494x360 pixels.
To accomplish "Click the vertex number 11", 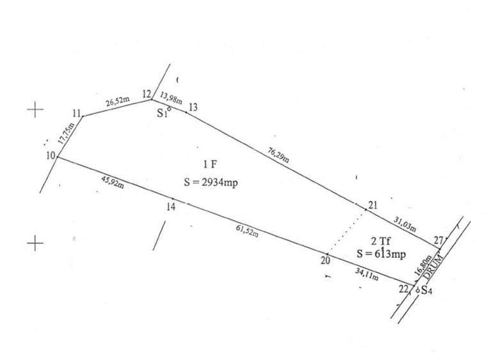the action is (77, 113).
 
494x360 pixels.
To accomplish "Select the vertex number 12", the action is (147, 94).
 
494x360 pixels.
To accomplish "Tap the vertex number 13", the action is (193, 107).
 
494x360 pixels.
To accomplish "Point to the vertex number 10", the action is (51, 155).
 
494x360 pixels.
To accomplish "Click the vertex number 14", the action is (171, 207).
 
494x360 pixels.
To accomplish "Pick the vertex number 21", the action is (372, 205).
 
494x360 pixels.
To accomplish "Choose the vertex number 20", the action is (326, 260).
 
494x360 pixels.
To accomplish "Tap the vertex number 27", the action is (438, 240).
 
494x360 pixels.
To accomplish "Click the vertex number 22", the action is (403, 289).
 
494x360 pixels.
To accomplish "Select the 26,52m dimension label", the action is (118, 102).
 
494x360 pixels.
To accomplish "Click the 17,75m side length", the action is (67, 134).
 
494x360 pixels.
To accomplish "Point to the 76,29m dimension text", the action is (278, 155).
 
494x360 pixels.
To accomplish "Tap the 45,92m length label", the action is (113, 182).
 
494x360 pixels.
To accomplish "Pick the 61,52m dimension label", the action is (247, 231).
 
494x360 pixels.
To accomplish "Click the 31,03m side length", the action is (405, 224).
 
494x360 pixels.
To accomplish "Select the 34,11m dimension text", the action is (367, 274).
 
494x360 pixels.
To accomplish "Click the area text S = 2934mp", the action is (211, 182).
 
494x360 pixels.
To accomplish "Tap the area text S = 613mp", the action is (381, 254).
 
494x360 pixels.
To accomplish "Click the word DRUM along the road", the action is (433, 267).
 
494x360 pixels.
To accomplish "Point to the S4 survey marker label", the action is (427, 290).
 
